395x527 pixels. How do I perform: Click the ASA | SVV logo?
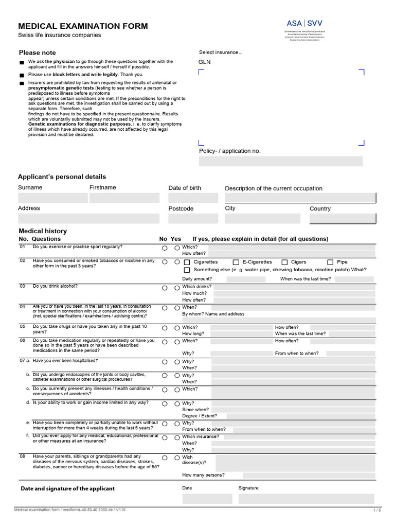[304, 23]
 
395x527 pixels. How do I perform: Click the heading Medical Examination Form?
[83, 26]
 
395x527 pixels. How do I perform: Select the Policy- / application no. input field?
[280, 162]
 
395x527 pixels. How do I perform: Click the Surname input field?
[53, 198]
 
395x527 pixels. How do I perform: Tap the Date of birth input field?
[193, 198]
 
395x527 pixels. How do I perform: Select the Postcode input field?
[193, 219]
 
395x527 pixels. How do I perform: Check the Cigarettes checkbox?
[187, 262]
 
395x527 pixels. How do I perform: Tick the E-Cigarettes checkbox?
[236, 262]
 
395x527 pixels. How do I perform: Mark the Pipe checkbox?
[330, 262]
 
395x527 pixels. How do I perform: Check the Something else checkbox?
[187, 270]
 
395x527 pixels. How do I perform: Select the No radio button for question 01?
[165, 248]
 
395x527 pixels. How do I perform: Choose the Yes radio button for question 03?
[177, 288]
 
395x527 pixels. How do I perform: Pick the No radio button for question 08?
[165, 458]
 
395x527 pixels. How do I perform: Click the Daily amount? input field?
[246, 279]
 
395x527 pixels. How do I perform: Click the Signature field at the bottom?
[306, 499]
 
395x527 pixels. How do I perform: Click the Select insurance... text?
[221, 52]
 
